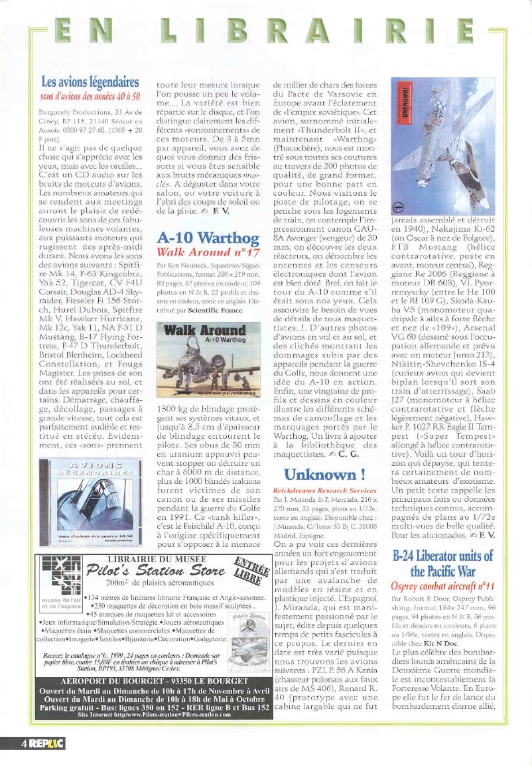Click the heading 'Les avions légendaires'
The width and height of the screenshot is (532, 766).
(90, 82)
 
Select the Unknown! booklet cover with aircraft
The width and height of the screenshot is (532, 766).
(442, 146)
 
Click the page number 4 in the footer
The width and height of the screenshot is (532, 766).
(23, 744)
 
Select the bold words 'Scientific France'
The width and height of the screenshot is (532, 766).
(211, 310)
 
